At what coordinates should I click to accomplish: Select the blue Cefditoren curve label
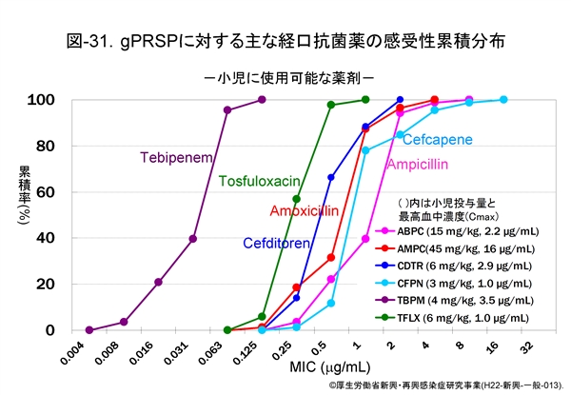point(276,243)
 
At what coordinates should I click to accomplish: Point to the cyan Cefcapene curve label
point(437,140)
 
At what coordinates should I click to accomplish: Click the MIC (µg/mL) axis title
point(310,370)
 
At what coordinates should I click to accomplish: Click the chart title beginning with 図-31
point(285,42)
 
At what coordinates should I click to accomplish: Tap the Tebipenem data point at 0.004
point(89,330)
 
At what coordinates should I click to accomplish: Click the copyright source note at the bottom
point(445,386)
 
